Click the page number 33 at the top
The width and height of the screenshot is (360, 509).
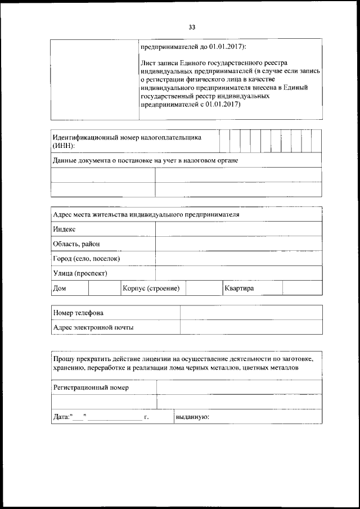pos(192,27)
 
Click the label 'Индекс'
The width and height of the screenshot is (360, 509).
pos(64,229)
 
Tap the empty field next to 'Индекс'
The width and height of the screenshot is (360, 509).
pos(238,229)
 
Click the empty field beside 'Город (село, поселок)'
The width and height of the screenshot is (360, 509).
pos(238,259)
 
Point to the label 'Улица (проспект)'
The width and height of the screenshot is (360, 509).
pos(80,273)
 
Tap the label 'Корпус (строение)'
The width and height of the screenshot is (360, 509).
pos(151,288)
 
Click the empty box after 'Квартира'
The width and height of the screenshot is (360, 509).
pos(302,288)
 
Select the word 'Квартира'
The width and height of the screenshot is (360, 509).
pos(240,288)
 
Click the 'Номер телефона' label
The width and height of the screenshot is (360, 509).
pos(79,313)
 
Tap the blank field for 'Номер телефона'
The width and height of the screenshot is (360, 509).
pos(251,313)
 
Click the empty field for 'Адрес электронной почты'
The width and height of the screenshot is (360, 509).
pos(251,327)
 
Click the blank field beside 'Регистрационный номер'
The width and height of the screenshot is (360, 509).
pos(239,388)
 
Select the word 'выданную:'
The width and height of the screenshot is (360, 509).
pos(192,417)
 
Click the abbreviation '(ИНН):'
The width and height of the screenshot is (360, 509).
pos(64,146)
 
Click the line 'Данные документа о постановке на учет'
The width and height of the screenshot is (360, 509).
pos(146,161)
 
